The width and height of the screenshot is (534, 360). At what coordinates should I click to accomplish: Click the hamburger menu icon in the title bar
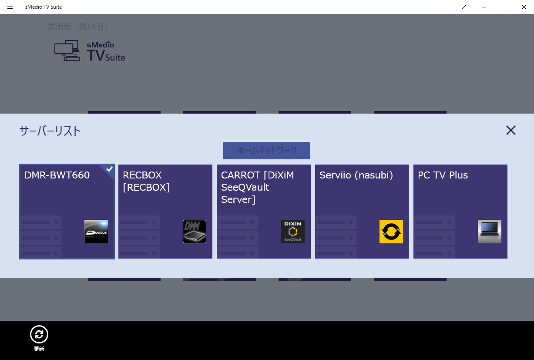pos(10,7)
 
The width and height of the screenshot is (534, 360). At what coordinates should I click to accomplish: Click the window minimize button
pos(484,7)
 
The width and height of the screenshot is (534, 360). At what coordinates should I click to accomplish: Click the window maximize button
pos(504,7)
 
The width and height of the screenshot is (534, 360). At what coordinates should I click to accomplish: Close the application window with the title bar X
pos(524,7)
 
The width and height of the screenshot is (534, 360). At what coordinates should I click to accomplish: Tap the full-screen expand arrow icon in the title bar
pos(464,7)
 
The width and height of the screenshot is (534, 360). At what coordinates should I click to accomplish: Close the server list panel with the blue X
pos(510,130)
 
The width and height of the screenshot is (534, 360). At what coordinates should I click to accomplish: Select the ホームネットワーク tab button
pos(267,151)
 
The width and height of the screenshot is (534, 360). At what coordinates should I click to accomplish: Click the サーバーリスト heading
pos(50,131)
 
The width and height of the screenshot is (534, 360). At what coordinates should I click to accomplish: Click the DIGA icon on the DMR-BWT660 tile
pos(96,232)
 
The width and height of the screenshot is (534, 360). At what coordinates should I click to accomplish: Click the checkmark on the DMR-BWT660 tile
pos(109,169)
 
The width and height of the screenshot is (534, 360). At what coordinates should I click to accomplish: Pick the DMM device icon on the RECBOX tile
pos(195,232)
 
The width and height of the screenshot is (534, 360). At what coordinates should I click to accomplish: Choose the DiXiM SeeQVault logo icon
pos(293,232)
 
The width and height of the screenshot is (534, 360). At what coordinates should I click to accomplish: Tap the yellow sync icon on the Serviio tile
pos(391,232)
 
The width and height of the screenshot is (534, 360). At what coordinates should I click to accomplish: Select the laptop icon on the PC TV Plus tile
pos(490,232)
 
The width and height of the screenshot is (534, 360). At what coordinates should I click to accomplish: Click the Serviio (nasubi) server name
pos(356,175)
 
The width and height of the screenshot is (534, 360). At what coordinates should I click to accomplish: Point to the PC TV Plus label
pos(443,175)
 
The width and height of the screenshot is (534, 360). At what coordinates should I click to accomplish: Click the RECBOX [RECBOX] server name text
pos(146,181)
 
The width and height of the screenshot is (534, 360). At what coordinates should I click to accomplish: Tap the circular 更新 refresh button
pos(39,334)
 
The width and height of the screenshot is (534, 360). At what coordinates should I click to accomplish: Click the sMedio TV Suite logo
pos(90,51)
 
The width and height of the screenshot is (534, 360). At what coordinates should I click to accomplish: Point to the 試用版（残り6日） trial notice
pos(78,27)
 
